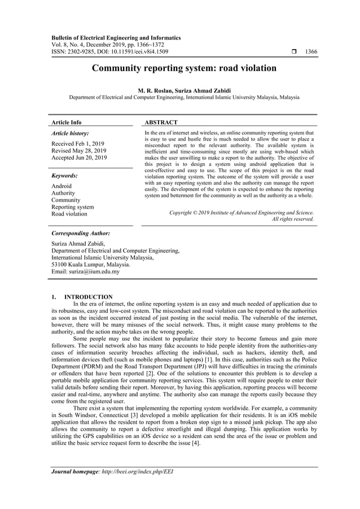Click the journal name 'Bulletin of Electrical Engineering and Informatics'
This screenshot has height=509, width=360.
[116, 38]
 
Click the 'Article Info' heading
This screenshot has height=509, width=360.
[67, 122]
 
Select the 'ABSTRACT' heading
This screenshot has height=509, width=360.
[161, 122]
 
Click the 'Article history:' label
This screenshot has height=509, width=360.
[70, 133]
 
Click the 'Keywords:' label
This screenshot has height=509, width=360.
[64, 175]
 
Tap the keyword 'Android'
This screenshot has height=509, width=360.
[62, 186]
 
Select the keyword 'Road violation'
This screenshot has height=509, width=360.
[69, 214]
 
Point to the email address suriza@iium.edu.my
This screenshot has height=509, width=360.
[85, 271]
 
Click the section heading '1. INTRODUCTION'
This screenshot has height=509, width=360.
[82, 297]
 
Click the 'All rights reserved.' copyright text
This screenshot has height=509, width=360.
[293, 219]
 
